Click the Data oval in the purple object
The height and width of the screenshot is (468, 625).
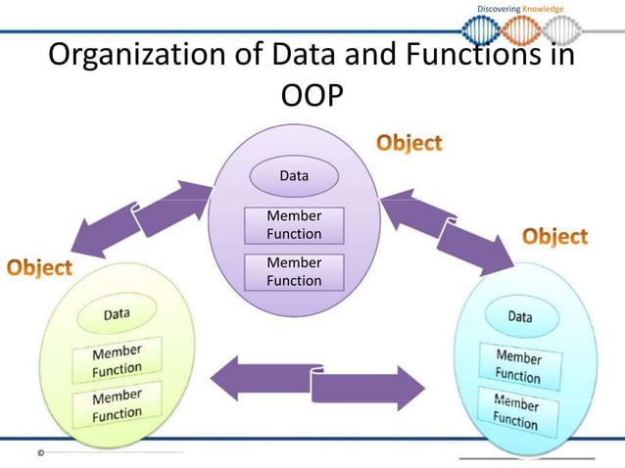pos(294,177)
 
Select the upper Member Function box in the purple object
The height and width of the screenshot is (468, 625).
pos(294,224)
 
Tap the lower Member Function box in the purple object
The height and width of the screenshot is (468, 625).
pos(294,271)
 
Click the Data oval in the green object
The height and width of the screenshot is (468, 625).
pos(118,314)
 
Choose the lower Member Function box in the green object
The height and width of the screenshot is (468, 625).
pos(117,404)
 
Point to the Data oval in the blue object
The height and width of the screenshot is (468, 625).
pos(520,316)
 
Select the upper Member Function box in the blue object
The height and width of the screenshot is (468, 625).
pos(517,365)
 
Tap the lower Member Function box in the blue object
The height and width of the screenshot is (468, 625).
pos(515,411)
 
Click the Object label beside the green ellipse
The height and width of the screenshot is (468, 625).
pos(39,266)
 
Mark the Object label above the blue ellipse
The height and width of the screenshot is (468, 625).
pos(554,236)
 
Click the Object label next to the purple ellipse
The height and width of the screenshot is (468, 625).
pos(409,143)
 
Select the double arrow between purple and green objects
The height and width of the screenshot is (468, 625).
pos(143,216)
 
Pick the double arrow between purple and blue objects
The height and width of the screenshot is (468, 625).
pos(447,229)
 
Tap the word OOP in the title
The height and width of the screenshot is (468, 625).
pos(312,95)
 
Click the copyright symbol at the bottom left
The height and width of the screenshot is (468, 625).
pos(41,453)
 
